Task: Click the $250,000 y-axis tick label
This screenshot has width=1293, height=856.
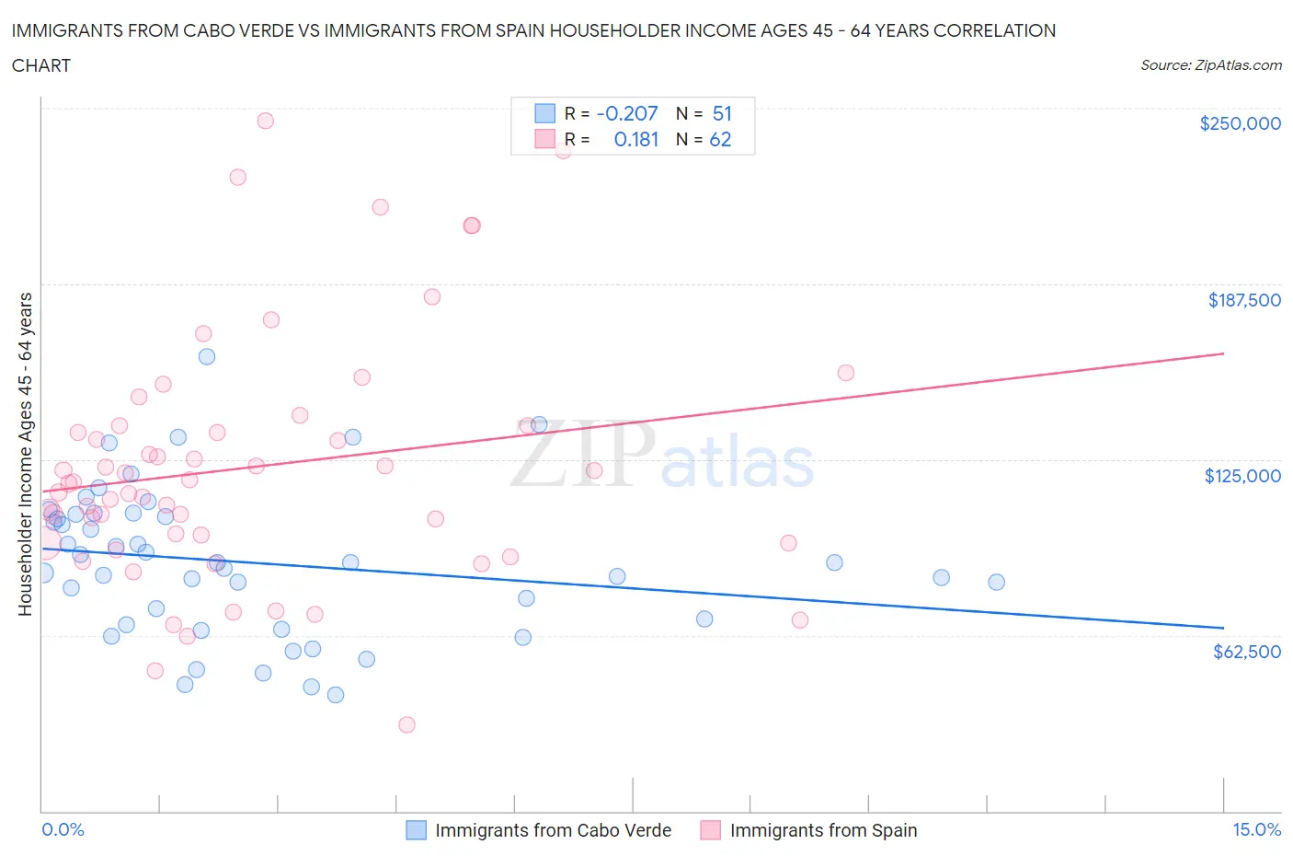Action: pyautogui.click(x=1240, y=123)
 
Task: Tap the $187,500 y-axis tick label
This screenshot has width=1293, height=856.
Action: pyautogui.click(x=1244, y=300)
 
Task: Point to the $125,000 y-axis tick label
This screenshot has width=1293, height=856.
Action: pyautogui.click(x=1242, y=476)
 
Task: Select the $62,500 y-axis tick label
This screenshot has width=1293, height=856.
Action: pyautogui.click(x=1246, y=652)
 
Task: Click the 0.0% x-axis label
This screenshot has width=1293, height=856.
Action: pyautogui.click(x=63, y=829)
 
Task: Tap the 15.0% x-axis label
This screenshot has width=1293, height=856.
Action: pyautogui.click(x=1255, y=829)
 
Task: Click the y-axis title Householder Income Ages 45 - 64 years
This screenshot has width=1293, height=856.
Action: pyautogui.click(x=26, y=454)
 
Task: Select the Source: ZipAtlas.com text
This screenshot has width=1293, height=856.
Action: pyautogui.click(x=1210, y=65)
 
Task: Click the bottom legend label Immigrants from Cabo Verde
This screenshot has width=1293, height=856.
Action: pyautogui.click(x=553, y=830)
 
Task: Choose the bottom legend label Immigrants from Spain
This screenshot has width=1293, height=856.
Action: pyautogui.click(x=823, y=830)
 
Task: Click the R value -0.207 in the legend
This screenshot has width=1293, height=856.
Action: pyautogui.click(x=627, y=113)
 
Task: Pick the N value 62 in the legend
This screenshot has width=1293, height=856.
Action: pyautogui.click(x=720, y=139)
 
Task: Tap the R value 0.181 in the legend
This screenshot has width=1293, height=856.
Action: pyautogui.click(x=636, y=139)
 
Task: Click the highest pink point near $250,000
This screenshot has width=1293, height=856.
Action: pyautogui.click(x=265, y=121)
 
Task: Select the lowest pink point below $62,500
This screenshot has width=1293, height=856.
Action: pyautogui.click(x=406, y=724)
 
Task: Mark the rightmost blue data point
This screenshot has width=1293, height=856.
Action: pyautogui.click(x=996, y=582)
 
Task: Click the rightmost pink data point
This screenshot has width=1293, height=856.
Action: pyautogui.click(x=846, y=373)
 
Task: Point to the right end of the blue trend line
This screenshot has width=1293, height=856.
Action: pyautogui.click(x=1223, y=628)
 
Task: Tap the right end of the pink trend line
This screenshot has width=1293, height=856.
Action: pyautogui.click(x=1223, y=353)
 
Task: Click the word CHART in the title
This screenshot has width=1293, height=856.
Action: pyautogui.click(x=41, y=65)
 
